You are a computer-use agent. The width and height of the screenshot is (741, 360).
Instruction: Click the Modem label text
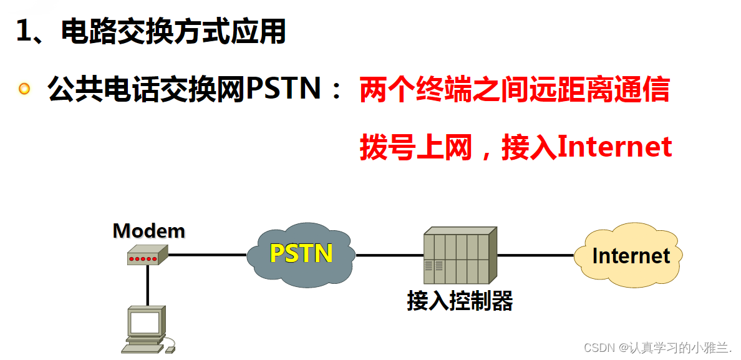148,231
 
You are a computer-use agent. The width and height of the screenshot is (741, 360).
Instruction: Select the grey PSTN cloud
301,253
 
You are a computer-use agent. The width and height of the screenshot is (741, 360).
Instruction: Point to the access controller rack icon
460,255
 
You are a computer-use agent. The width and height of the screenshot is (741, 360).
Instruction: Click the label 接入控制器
460,301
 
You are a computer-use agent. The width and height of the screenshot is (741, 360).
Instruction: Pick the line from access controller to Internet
535,255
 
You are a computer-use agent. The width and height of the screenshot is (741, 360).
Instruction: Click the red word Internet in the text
614,147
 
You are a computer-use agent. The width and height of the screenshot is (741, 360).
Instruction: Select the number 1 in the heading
24,31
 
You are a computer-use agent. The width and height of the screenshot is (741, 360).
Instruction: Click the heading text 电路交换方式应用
173,31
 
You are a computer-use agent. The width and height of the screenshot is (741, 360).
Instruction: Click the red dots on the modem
143,258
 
